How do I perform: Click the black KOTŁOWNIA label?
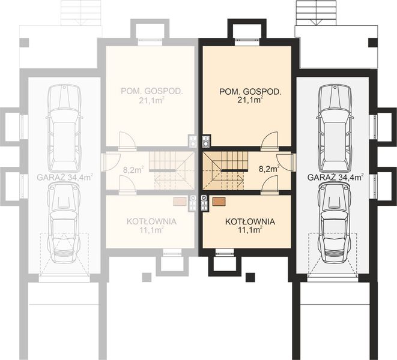(x=250, y=221)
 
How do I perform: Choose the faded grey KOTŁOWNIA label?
(x=151, y=221)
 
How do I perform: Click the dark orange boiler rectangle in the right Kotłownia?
(x=219, y=202)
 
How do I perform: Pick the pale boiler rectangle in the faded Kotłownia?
(x=180, y=202)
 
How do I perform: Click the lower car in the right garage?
(x=335, y=222)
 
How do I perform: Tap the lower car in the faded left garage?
(x=64, y=222)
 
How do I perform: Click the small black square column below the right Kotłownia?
(x=250, y=277)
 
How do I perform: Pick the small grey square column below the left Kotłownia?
(x=147, y=277)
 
